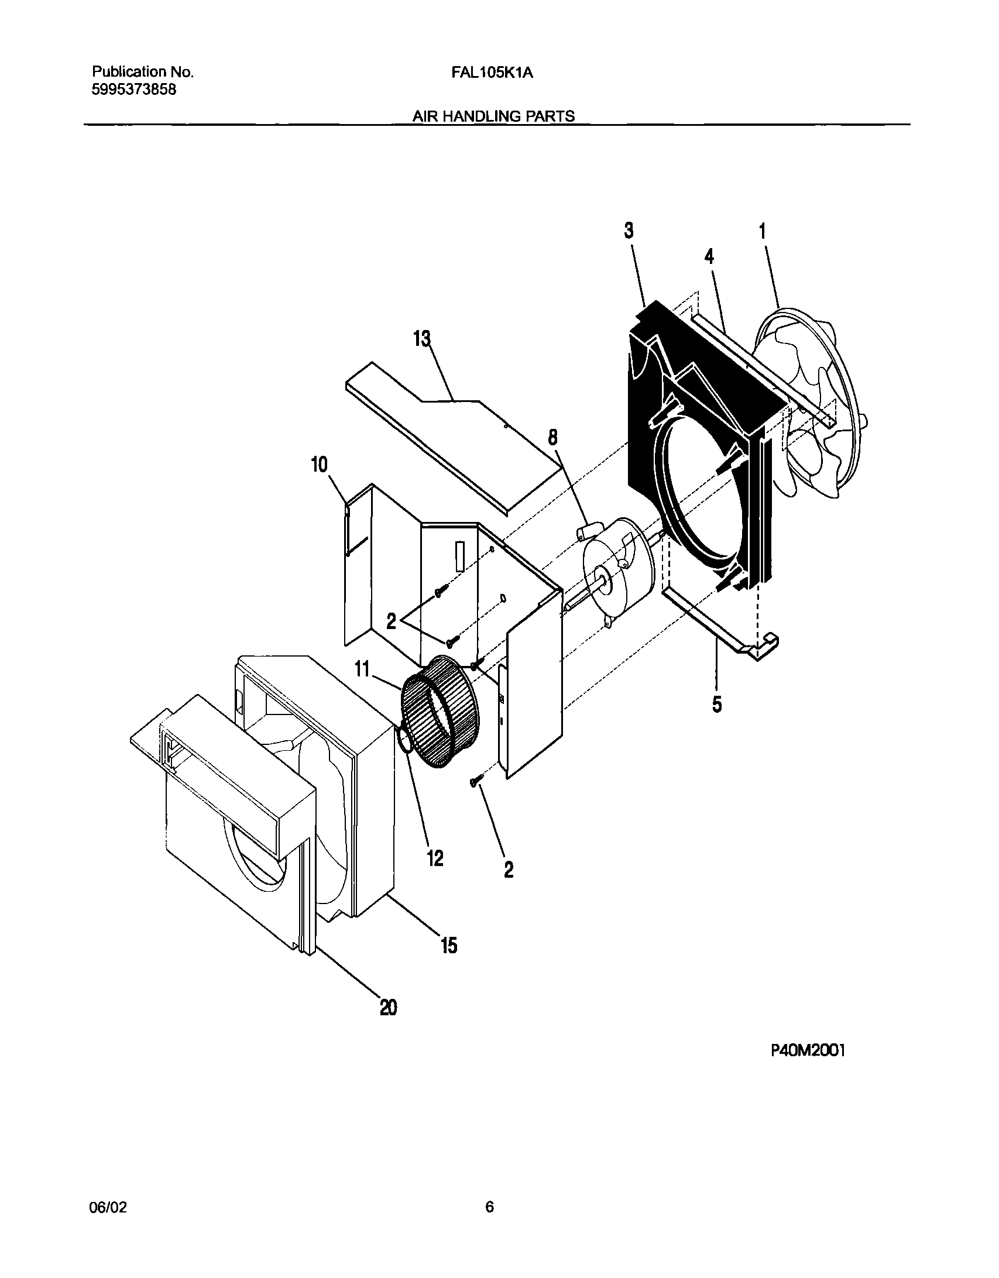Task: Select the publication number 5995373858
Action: coord(134,90)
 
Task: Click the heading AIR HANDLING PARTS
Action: coord(493,116)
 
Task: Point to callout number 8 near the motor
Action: coord(552,437)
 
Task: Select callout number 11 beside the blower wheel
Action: coord(363,668)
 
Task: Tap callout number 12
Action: coord(435,858)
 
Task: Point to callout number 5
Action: coord(717,705)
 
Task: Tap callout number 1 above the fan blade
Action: coord(762,231)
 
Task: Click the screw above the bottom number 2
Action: coord(476,781)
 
